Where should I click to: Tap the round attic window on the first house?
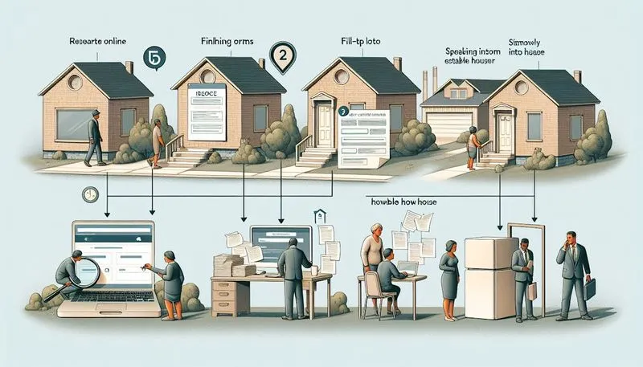pos(75,81)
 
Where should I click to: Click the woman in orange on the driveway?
pos(473,145)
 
